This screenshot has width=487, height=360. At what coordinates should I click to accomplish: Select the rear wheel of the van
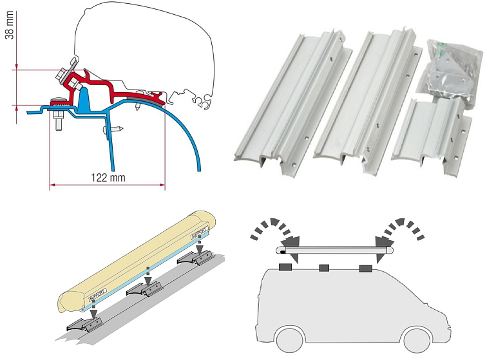tap(285, 339)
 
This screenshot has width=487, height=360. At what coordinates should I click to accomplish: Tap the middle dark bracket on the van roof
tap(324, 266)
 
